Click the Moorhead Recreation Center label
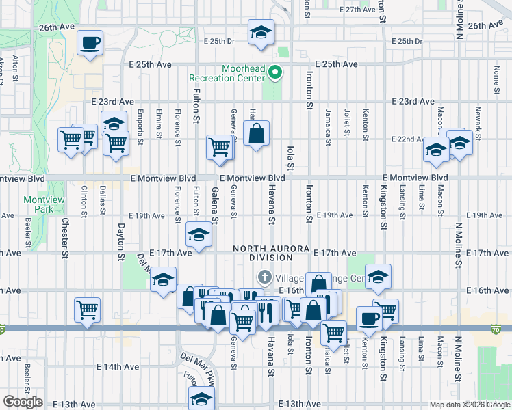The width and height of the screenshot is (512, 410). [243, 73]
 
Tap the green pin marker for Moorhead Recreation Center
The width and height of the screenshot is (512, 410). [275, 72]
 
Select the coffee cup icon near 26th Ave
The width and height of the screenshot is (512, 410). [90, 44]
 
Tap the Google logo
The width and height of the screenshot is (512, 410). [23, 402]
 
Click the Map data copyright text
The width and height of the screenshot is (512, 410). [469, 405]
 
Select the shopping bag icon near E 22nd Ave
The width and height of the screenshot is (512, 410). [256, 134]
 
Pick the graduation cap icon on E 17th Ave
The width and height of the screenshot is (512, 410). [199, 236]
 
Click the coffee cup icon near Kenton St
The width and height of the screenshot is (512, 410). [370, 319]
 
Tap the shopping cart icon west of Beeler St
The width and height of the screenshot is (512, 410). [87, 310]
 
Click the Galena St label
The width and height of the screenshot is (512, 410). [214, 205]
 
